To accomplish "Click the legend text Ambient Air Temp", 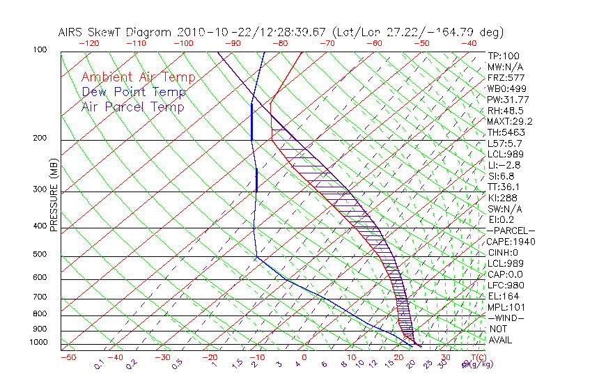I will [138, 78].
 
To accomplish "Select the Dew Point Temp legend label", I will [134, 93].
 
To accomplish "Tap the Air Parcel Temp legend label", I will [132, 107].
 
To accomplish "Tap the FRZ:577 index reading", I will [506, 77].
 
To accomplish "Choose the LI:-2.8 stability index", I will [504, 165].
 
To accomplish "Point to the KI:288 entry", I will [502, 198].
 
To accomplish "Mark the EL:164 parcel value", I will [503, 296].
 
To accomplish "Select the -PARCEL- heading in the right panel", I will [511, 231].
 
